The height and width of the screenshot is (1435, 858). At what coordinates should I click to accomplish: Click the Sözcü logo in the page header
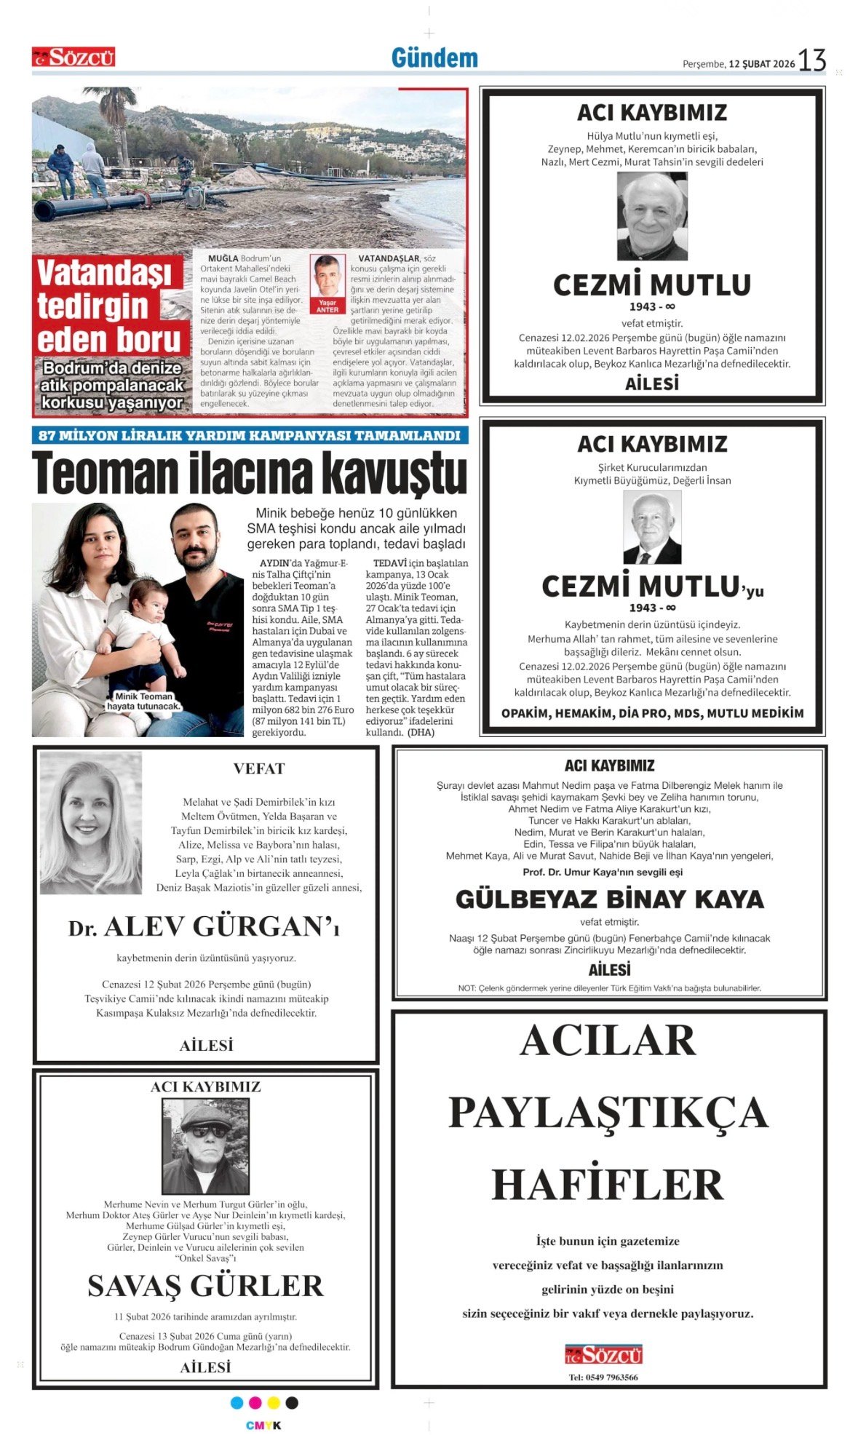74,57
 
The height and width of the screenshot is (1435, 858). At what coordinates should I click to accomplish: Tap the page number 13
812,60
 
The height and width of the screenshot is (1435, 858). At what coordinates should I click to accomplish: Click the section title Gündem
434,58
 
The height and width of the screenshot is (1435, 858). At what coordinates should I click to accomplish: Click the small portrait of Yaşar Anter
327,277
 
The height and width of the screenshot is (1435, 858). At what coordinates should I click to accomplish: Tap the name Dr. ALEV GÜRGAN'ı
204,927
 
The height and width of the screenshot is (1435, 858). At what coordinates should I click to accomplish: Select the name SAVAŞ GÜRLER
205,1286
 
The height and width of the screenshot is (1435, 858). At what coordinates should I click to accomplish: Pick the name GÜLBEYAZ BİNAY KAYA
610,899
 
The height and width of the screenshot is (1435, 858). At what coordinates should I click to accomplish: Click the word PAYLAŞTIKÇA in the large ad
608,1112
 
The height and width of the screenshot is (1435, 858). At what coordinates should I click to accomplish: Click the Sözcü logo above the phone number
604,1354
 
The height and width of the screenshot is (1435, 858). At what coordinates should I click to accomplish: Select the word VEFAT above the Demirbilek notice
259,768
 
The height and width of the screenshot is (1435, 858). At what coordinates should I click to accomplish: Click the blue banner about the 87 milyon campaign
250,435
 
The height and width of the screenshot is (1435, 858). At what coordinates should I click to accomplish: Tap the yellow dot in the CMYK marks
274,1402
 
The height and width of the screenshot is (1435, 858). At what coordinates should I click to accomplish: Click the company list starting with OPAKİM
652,713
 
